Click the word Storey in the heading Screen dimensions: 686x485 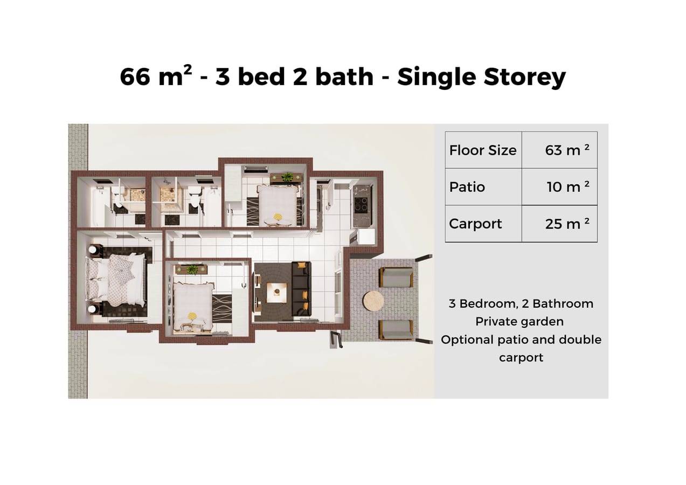pyautogui.click(x=524, y=77)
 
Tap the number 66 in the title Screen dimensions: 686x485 pyautogui.click(x=136, y=77)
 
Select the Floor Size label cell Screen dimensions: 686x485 pyautogui.click(x=483, y=150)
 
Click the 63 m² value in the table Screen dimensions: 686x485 pyautogui.click(x=567, y=150)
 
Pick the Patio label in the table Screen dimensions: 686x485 pyautogui.click(x=467, y=187)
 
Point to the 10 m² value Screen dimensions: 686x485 pyautogui.click(x=568, y=186)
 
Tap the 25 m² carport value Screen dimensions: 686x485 pyautogui.click(x=567, y=224)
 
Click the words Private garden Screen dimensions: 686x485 pyautogui.click(x=519, y=322)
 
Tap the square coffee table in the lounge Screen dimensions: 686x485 pyautogui.click(x=277, y=293)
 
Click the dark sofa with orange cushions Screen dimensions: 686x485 pyautogui.click(x=301, y=289)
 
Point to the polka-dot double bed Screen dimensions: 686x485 pyautogui.click(x=116, y=280)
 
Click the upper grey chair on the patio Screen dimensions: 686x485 pyautogui.click(x=396, y=277)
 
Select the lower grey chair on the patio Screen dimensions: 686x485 pyautogui.click(x=396, y=330)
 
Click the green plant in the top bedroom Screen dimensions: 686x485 pyautogui.click(x=287, y=177)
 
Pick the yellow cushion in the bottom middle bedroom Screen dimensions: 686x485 pyautogui.click(x=192, y=316)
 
